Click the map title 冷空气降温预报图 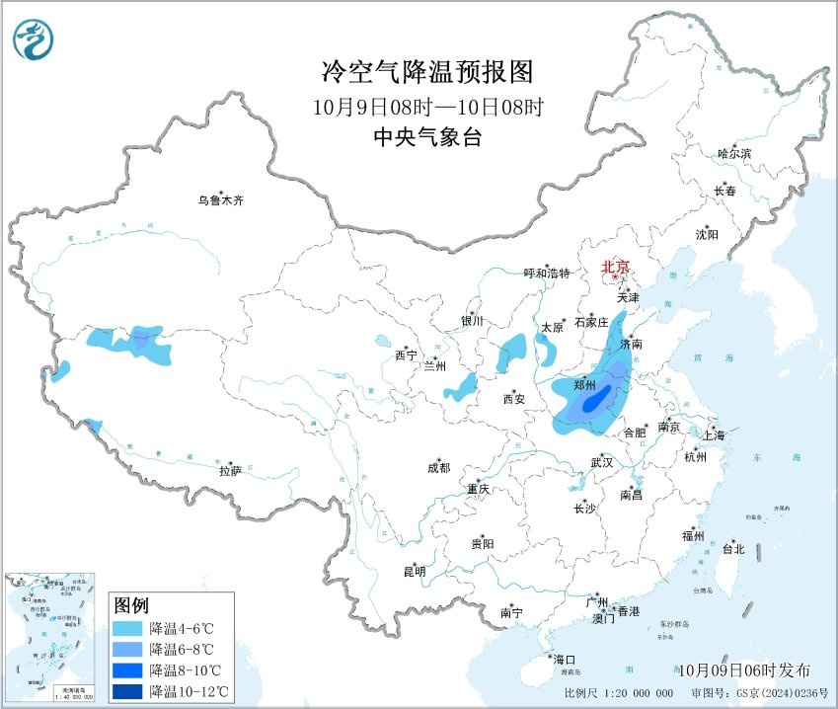pyautogui.click(x=427, y=72)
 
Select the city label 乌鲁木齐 pyautogui.click(x=219, y=200)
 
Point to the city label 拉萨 pyautogui.click(x=230, y=471)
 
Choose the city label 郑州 pyautogui.click(x=583, y=385)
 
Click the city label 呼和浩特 pyautogui.click(x=546, y=274)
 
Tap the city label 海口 pyautogui.click(x=564, y=659)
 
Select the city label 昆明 pyautogui.click(x=414, y=571)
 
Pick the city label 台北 pyautogui.click(x=733, y=549)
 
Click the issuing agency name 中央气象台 pyautogui.click(x=427, y=137)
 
